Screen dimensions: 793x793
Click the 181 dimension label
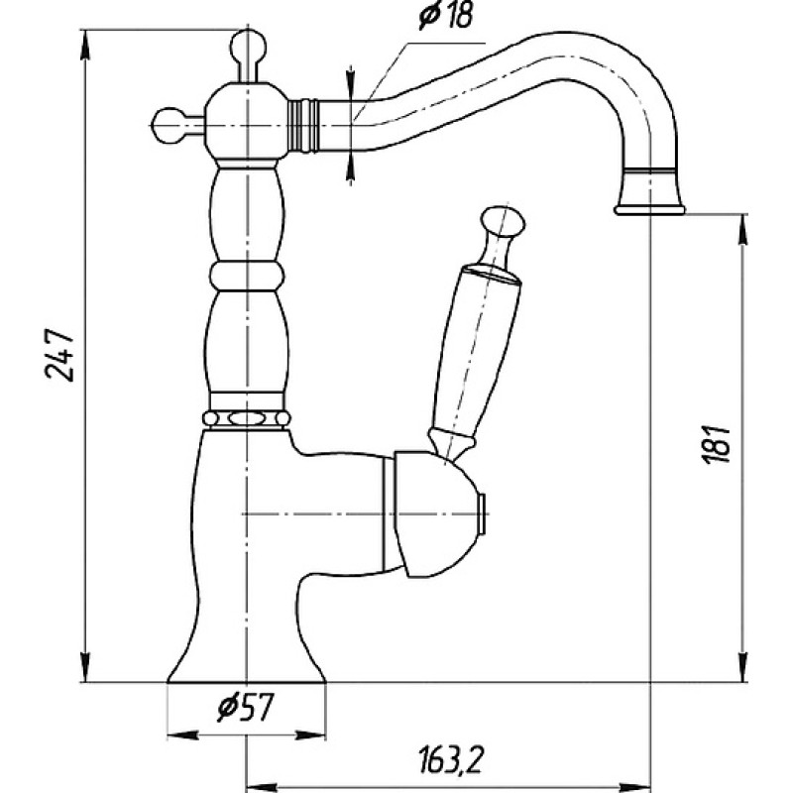(x=716, y=443)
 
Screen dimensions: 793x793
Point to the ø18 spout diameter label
(x=446, y=16)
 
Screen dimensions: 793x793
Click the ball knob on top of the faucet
(x=248, y=47)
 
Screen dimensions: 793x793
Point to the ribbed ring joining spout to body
(x=303, y=125)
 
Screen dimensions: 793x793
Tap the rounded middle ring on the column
(x=247, y=277)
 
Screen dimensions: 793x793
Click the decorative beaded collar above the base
(x=246, y=418)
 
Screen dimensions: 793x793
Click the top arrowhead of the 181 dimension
(x=741, y=232)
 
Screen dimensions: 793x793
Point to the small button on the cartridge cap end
(x=484, y=513)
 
